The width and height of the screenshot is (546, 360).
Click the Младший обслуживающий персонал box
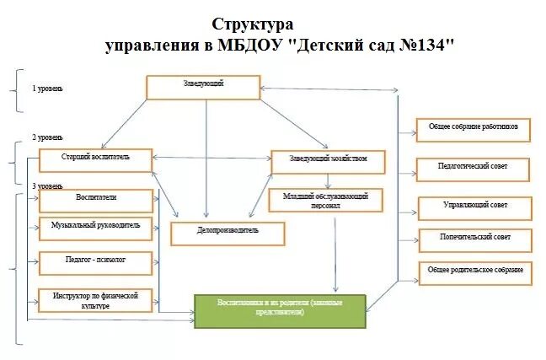[325, 200]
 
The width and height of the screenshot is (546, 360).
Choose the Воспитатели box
[96, 200]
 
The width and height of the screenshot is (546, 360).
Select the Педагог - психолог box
[96, 262]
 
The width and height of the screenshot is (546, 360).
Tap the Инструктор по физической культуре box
[96, 300]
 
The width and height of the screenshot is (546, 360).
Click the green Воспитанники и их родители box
[281, 309]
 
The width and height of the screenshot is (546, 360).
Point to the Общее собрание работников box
[474, 130]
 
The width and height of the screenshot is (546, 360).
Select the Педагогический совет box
[474, 169]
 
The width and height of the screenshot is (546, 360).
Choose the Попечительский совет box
[476, 239]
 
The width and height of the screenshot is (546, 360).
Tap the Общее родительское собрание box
[476, 272]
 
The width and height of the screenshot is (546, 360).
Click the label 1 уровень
[47, 88]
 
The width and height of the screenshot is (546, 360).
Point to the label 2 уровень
[47, 137]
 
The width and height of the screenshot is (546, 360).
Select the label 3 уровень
[47, 185]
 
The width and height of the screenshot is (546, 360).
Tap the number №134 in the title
[428, 45]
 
